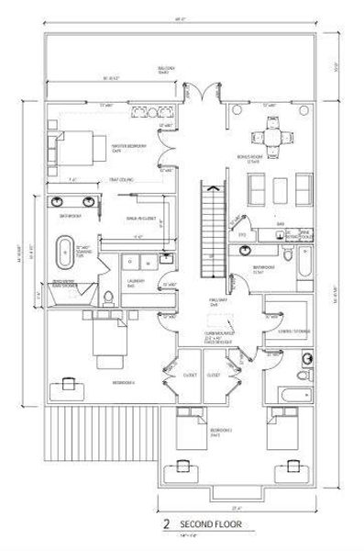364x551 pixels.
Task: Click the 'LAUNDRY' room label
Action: pos(132,283)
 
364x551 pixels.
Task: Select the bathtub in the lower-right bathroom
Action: pos(289,397)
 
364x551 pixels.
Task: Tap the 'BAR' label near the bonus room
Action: pos(279,223)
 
